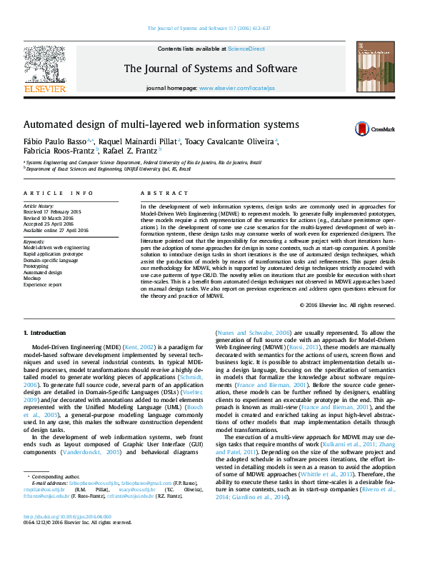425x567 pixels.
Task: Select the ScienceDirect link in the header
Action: [246, 49]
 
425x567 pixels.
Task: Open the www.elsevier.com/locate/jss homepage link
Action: [236, 88]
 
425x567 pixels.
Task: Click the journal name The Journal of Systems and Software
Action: [211, 69]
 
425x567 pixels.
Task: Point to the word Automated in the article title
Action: [50, 124]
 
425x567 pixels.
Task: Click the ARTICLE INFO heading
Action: [59, 194]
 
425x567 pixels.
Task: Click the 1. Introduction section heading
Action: [46, 333]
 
